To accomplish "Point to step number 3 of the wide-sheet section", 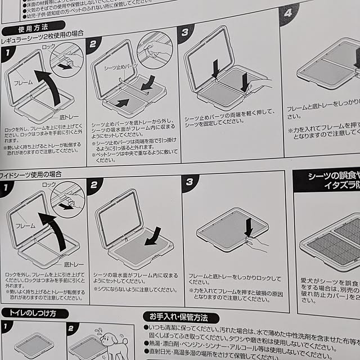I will click(190, 182).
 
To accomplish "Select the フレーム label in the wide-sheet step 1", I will click(25, 224).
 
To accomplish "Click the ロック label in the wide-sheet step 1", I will click(50, 184).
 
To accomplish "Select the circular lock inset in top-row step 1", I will click(67, 60).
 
